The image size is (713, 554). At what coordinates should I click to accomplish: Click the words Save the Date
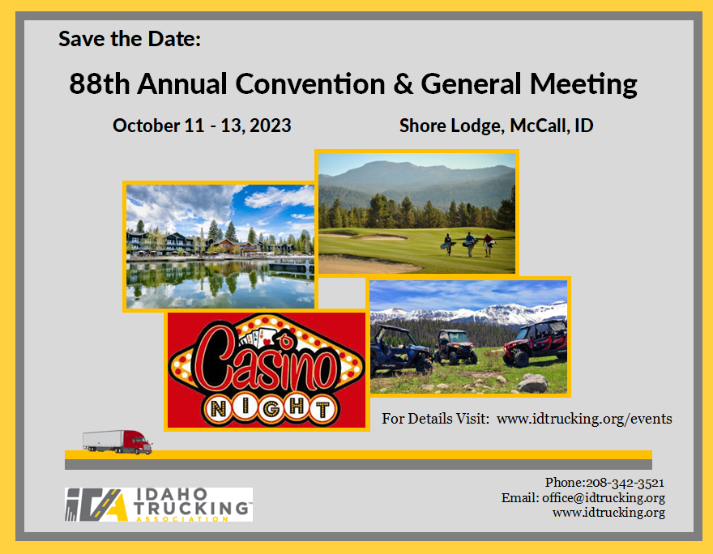[130, 38]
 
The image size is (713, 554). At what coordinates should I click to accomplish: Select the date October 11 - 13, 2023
[202, 126]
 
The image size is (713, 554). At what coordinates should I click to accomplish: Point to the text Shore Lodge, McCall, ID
[496, 126]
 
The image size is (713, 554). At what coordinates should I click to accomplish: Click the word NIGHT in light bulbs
[267, 407]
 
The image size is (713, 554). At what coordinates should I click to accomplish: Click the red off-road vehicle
[536, 343]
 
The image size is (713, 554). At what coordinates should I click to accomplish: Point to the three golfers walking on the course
[468, 242]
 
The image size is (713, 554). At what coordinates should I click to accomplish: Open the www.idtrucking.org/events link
[584, 419]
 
